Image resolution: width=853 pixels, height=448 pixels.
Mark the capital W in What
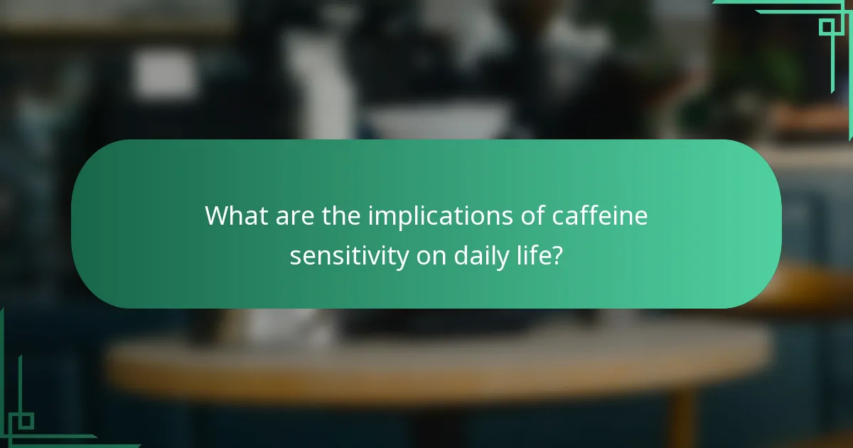(x=218, y=215)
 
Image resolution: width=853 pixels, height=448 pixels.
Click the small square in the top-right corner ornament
(x=826, y=27)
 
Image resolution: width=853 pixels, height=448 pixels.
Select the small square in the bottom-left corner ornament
(x=26, y=421)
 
